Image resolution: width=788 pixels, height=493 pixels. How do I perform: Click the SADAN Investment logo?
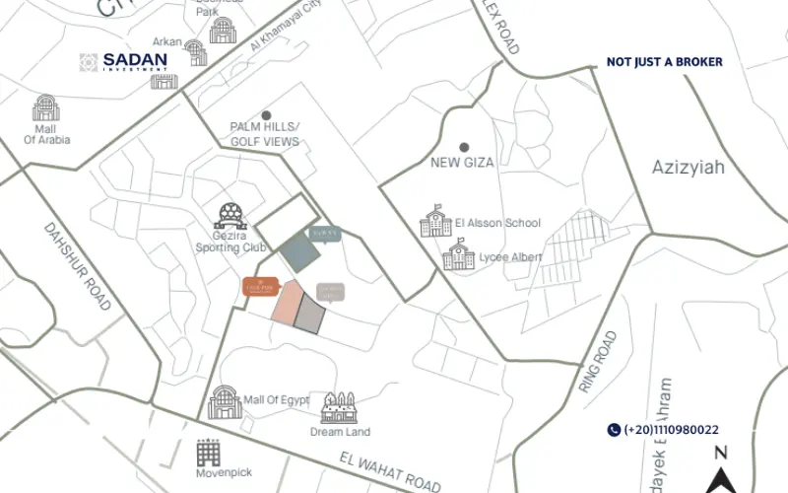[x=124, y=61]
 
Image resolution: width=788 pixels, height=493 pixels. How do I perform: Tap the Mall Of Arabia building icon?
[x=45, y=108]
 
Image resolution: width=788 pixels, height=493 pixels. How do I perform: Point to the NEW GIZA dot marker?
[x=464, y=147]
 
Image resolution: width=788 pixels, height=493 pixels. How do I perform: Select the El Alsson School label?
[x=498, y=223]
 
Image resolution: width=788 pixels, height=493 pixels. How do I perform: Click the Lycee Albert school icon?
[x=458, y=257]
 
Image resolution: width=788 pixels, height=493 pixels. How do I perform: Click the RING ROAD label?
[x=598, y=363]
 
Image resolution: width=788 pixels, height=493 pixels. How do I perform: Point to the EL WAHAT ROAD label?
[x=389, y=471]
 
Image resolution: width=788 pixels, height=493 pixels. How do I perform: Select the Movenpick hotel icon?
[x=208, y=453]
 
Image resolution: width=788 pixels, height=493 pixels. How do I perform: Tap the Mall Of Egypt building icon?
[x=225, y=401]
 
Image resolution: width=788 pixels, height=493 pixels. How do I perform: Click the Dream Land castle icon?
[x=339, y=406]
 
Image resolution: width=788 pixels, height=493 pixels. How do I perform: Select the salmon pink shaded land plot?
[x=287, y=304]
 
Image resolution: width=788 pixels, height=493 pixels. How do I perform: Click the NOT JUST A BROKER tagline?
[x=664, y=62]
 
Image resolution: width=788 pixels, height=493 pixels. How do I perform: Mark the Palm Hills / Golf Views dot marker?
[x=265, y=115]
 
